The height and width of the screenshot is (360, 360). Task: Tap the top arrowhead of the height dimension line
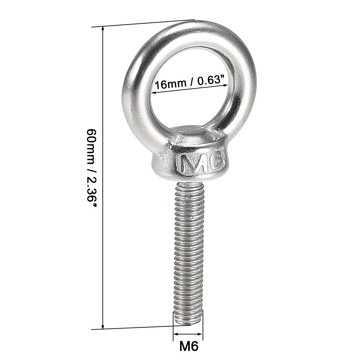(103, 29)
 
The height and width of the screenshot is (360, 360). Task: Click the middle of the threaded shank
(189, 252)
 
